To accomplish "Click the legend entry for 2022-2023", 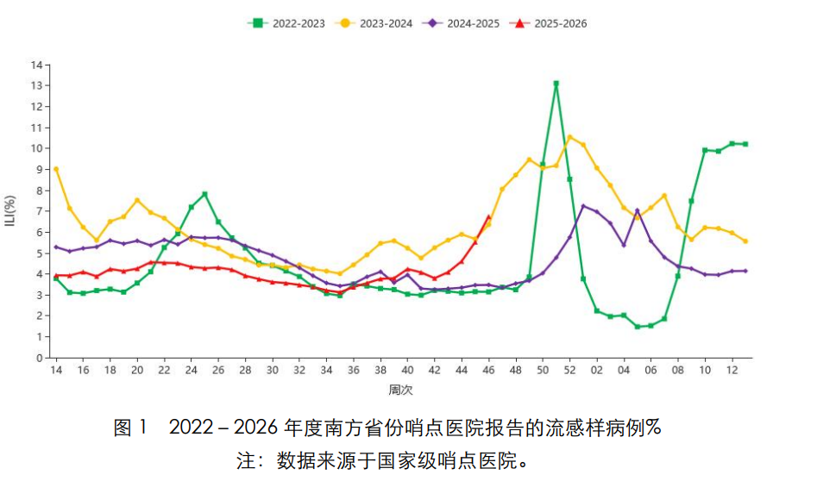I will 286,23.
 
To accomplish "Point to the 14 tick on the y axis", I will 36,65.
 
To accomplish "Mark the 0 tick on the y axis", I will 39,357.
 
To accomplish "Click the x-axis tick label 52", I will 569,370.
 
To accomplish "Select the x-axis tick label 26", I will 218,370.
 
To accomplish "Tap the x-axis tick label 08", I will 677,370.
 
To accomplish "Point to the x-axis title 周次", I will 400,390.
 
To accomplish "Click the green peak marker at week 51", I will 556,84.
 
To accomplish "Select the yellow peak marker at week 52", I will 569,137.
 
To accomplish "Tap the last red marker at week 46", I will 488,217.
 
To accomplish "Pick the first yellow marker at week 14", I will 56,169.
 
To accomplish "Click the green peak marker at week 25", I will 204,194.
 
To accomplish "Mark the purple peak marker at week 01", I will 583,206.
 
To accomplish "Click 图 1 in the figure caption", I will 131,428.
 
